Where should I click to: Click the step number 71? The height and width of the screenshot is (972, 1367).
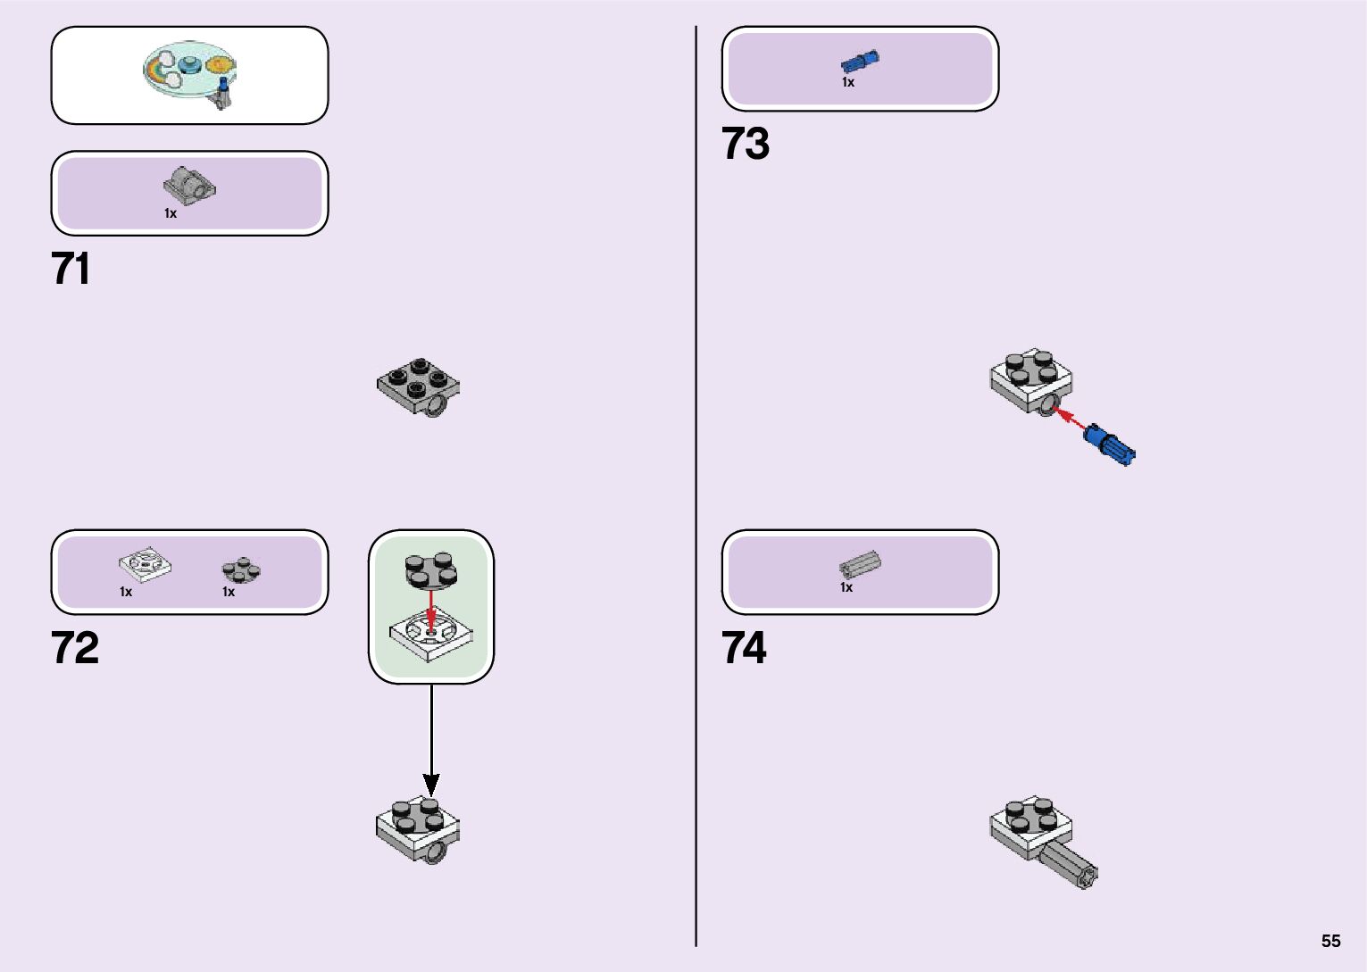click(x=71, y=269)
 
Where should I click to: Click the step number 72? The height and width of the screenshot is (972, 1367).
click(x=75, y=648)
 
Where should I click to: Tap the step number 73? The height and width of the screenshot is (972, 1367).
click(x=745, y=144)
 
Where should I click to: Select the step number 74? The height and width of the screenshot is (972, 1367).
click(x=744, y=648)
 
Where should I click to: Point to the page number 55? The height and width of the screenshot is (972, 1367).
click(x=1330, y=941)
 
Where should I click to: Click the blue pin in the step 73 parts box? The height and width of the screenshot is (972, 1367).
click(x=860, y=62)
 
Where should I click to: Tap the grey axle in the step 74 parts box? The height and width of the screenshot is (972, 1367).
click(x=860, y=564)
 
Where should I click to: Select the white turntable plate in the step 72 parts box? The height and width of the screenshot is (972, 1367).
click(x=145, y=564)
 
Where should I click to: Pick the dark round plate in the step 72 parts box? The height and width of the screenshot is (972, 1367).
click(x=241, y=569)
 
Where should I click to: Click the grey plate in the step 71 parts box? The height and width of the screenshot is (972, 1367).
click(x=189, y=184)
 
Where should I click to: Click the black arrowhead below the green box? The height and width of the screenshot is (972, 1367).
click(x=431, y=785)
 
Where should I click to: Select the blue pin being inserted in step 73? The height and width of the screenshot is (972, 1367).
click(x=1109, y=444)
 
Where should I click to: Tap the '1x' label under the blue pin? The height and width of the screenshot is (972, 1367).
click(x=847, y=82)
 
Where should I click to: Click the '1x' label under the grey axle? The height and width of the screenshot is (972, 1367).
click(x=846, y=587)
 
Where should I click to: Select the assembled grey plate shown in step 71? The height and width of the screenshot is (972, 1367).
click(x=418, y=386)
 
